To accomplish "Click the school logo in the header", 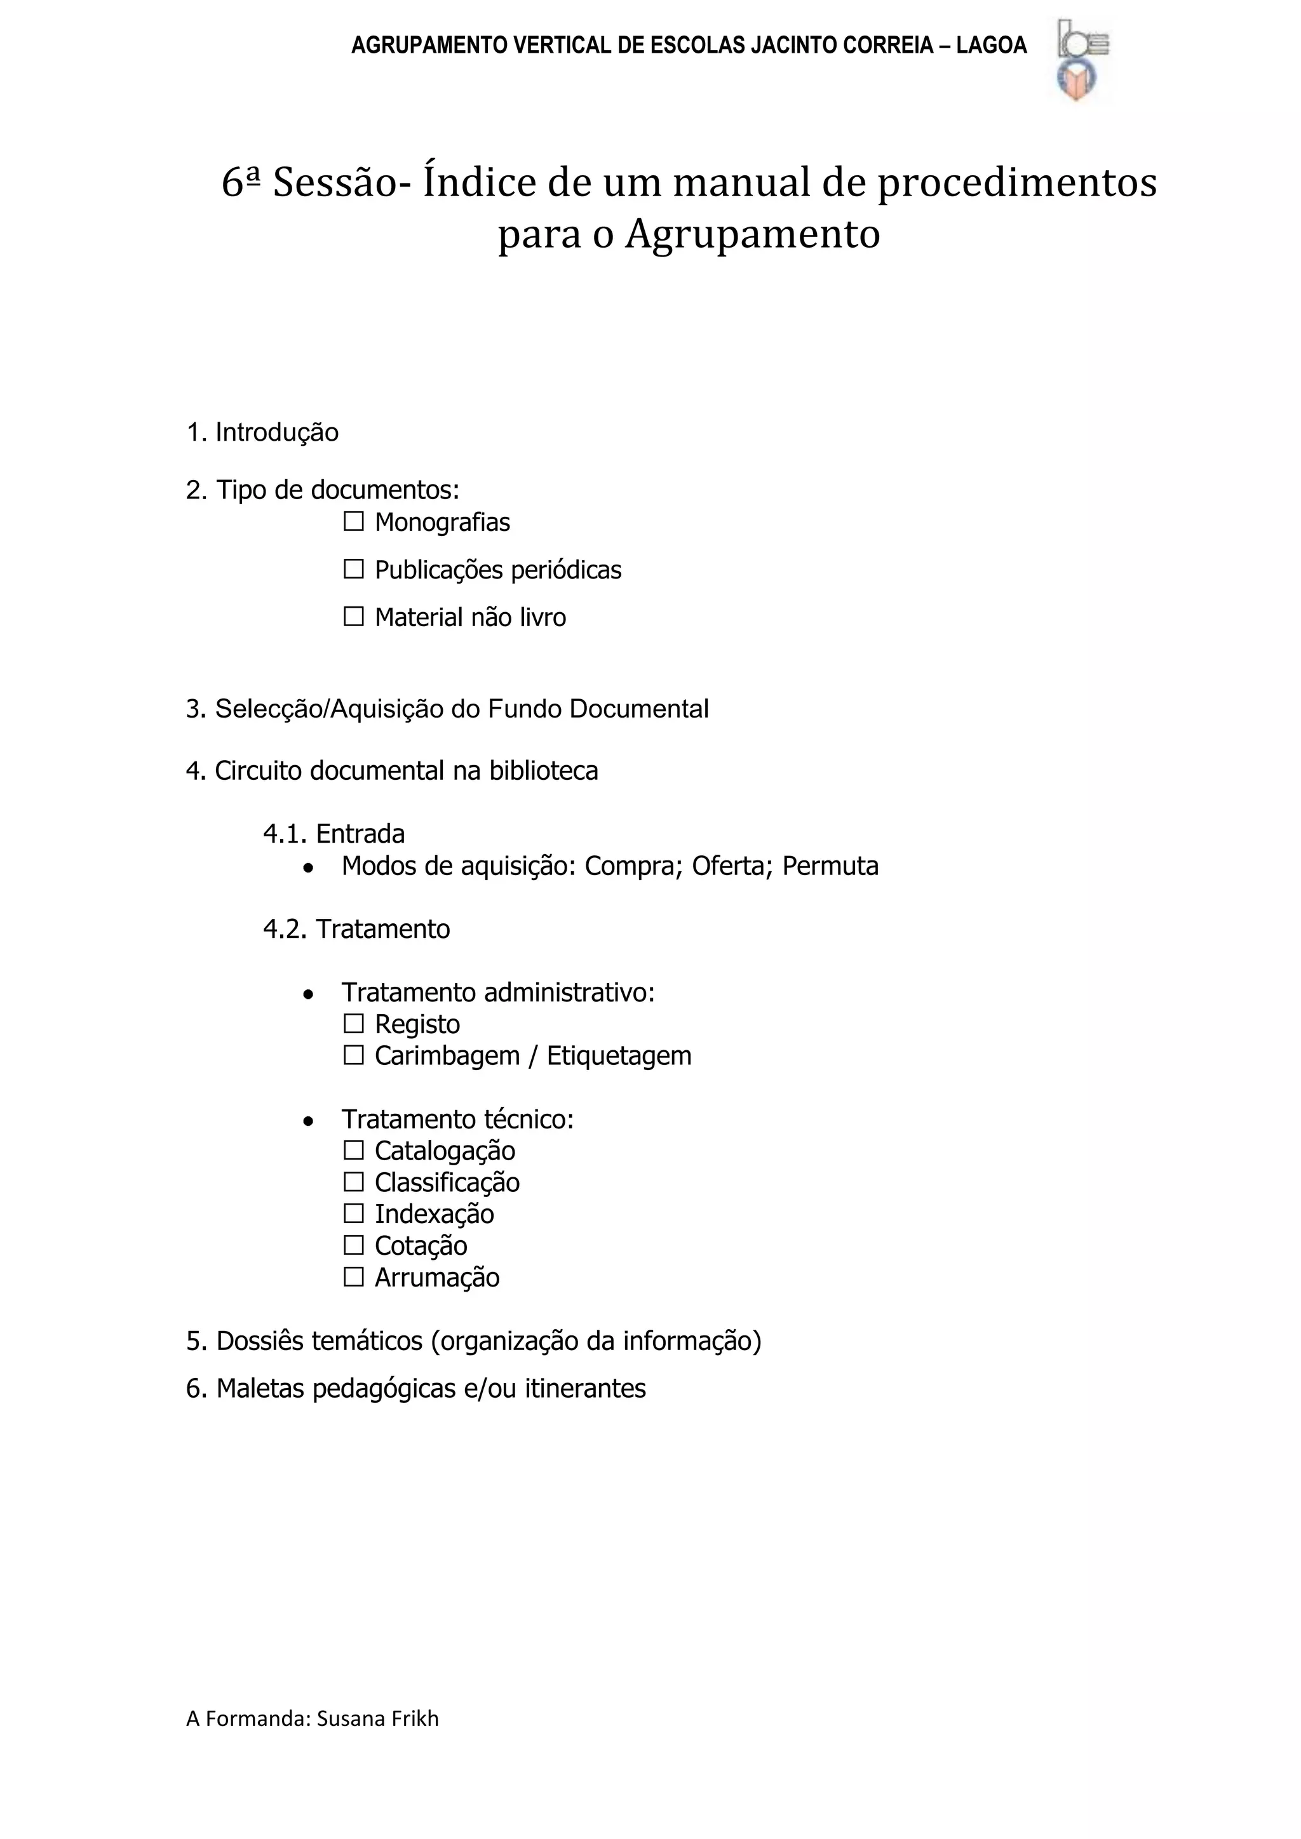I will (x=1081, y=61).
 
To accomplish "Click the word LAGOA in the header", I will (x=991, y=46).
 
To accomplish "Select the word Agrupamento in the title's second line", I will (x=752, y=235).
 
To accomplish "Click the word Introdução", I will (x=276, y=432).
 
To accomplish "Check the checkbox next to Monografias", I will (x=353, y=522).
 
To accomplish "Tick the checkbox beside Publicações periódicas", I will (x=353, y=570).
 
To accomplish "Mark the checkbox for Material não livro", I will (x=353, y=617).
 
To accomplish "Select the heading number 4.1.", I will (x=285, y=834).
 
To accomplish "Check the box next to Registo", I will (x=353, y=1024).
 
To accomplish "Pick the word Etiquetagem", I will (x=619, y=1055).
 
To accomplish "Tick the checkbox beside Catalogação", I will (x=353, y=1150).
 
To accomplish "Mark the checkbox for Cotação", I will (x=353, y=1245).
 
